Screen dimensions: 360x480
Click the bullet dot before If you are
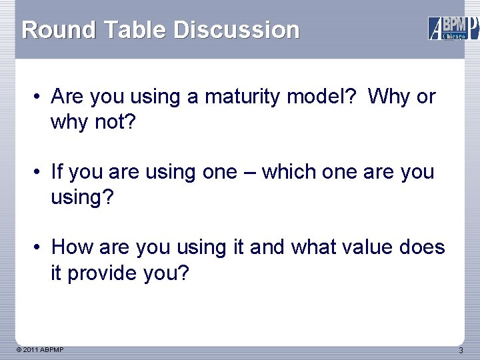pyautogui.click(x=39, y=173)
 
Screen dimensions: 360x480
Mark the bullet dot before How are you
pyautogui.click(x=39, y=248)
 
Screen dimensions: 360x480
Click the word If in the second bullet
pyautogui.click(x=57, y=173)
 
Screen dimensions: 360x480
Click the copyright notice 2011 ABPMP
pyautogui.click(x=39, y=350)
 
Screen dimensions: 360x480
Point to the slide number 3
pyautogui.click(x=461, y=351)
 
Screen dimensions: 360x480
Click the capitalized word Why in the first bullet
pyautogui.click(x=389, y=97)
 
